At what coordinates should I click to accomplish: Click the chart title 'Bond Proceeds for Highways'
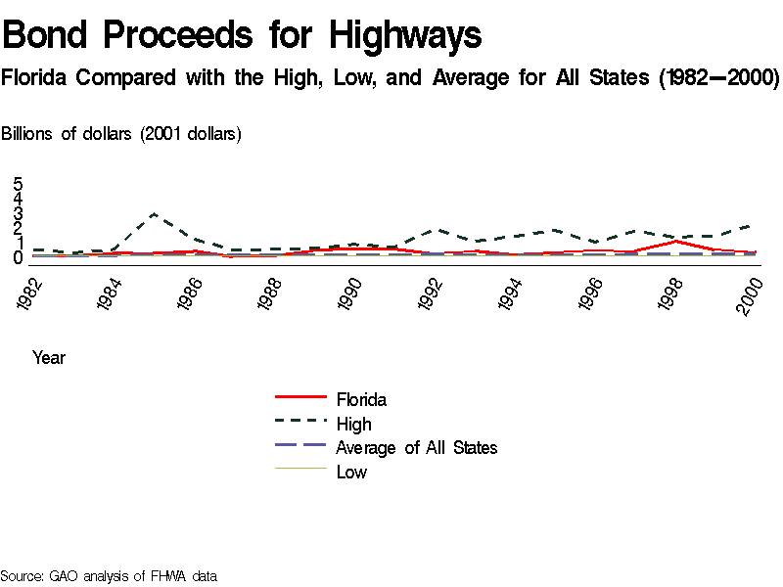(242, 36)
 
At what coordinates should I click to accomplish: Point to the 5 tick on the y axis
(18, 184)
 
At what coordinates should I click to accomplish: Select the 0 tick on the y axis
(18, 258)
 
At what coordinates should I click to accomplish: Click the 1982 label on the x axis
(30, 294)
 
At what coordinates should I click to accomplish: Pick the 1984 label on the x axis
(111, 294)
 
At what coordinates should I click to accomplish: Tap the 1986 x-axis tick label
(191, 294)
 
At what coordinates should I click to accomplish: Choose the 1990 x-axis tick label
(351, 294)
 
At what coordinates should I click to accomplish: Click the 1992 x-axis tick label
(432, 294)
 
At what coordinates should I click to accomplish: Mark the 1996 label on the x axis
(592, 294)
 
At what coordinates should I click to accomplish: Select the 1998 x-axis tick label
(672, 294)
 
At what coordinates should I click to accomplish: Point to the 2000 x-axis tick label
(752, 294)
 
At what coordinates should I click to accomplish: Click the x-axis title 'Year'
(49, 358)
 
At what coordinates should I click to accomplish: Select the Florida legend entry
(361, 399)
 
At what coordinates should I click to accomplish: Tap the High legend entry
(353, 424)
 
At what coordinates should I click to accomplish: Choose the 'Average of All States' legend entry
(416, 448)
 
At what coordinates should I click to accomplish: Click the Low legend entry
(351, 473)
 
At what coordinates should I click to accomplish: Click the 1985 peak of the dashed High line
(154, 213)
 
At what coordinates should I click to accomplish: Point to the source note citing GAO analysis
(108, 576)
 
